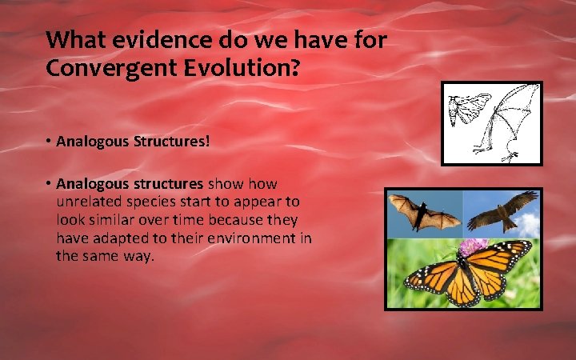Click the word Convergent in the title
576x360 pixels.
[x=101, y=69]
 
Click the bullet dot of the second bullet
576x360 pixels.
[x=49, y=185]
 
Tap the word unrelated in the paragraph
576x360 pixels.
[x=90, y=203]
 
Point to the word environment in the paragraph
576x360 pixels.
[x=255, y=238]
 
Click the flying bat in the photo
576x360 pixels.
[x=424, y=214]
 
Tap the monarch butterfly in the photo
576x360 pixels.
[x=467, y=272]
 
